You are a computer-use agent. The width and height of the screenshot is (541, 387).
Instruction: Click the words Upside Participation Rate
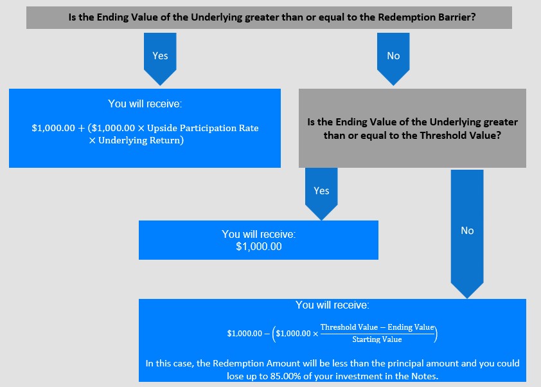click(203, 128)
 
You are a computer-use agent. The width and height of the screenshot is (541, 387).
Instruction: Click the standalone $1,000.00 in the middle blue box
click(259, 246)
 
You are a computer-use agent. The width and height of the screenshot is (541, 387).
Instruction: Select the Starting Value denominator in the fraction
click(377, 339)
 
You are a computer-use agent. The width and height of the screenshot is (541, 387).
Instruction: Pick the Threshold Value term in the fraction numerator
click(349, 327)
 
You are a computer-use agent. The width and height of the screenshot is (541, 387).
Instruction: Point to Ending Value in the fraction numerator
click(411, 327)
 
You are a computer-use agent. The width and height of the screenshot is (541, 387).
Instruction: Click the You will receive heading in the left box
click(145, 104)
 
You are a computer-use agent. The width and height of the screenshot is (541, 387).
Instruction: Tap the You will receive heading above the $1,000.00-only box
click(259, 234)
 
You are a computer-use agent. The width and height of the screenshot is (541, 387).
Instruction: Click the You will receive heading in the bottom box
click(332, 305)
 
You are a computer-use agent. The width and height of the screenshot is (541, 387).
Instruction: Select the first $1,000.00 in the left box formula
click(53, 128)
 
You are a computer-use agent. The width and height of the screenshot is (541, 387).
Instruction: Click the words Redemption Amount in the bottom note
click(256, 363)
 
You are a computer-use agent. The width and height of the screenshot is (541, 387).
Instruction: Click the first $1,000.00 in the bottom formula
click(245, 334)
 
